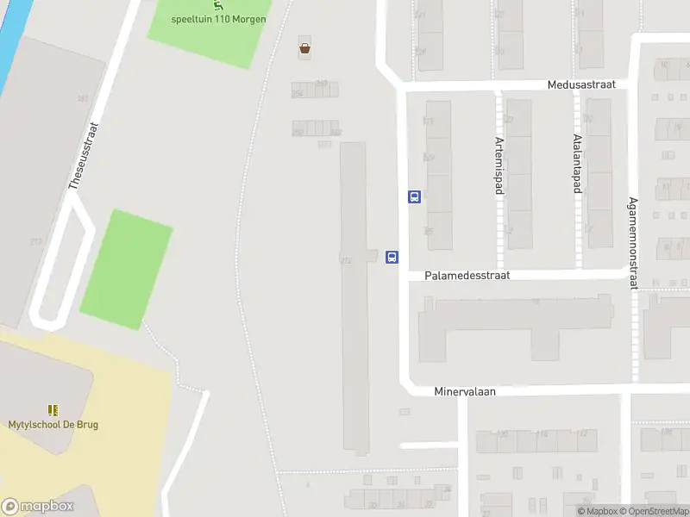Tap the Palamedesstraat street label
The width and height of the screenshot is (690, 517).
[467, 276]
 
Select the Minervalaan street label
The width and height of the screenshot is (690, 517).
[465, 391]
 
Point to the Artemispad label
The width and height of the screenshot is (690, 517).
[499, 165]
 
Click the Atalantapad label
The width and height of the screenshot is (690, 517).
[576, 165]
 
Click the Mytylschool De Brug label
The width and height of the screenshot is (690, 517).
[53, 425]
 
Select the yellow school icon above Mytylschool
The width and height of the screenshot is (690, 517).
[53, 410]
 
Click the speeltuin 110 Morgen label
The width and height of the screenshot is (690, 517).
[219, 19]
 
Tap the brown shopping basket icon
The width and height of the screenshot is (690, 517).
[304, 48]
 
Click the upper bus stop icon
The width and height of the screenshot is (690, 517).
[414, 196]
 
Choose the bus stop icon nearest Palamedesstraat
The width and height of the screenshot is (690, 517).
[392, 256]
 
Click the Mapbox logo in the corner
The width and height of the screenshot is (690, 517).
[38, 507]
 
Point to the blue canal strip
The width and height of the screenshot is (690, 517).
[10, 43]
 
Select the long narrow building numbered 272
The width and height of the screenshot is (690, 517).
[354, 297]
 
